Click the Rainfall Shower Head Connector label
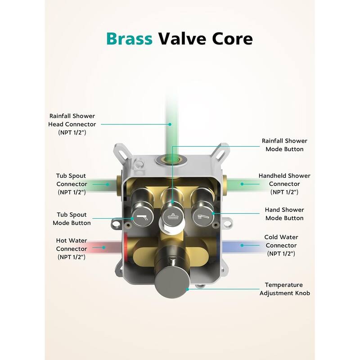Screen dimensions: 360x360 pos(73,124)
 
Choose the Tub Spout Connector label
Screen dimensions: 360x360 pos(72,184)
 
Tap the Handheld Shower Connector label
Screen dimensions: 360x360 pos(284,184)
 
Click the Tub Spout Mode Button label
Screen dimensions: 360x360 pos(72,219)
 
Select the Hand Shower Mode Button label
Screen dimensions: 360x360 pos(284,214)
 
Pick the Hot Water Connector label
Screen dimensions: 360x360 pos(72,248)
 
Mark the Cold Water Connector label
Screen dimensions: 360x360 pos(282,245)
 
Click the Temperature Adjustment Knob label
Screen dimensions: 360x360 pos(283,289)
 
